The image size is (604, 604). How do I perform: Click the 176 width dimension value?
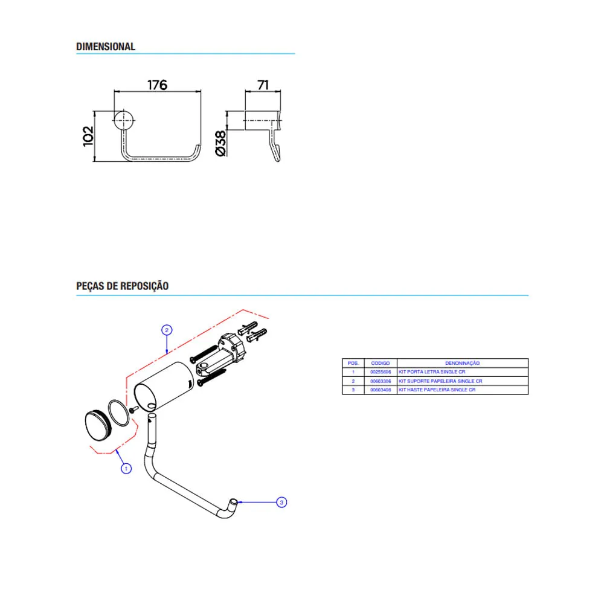point(157,85)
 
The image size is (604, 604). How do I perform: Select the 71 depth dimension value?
point(263,85)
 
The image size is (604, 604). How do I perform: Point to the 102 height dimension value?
point(88,136)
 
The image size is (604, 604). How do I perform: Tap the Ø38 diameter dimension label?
point(220,143)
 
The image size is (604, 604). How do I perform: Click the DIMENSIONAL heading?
point(106,47)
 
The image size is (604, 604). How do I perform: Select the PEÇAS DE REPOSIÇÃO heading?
point(122,286)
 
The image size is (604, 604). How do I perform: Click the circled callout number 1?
point(126,469)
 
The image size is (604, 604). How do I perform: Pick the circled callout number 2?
point(167,330)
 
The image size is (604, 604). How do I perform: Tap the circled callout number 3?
point(281,503)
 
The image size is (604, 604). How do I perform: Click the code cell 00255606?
point(381,372)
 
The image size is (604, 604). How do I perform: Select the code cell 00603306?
point(381,381)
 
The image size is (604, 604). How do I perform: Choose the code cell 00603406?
point(381,390)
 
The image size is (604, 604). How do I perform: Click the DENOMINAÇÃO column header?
point(462,363)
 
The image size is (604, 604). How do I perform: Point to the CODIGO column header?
point(380,363)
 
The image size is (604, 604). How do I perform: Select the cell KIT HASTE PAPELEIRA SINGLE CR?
point(437,390)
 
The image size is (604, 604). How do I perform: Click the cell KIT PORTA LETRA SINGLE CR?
point(432,372)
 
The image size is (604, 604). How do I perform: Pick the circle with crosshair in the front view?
point(124,120)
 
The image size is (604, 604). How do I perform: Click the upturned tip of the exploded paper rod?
point(233,502)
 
